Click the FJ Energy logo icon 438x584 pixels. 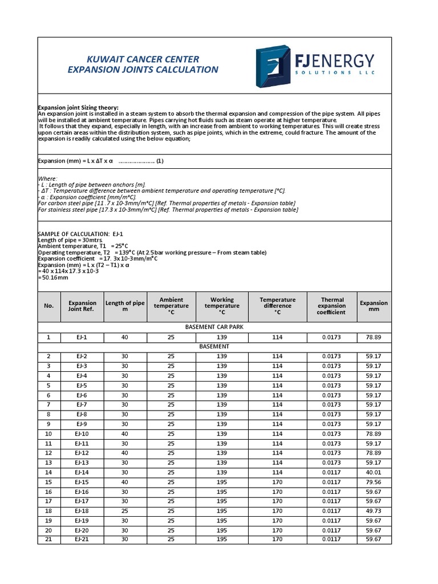(273, 66)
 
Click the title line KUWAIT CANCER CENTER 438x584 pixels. (142, 59)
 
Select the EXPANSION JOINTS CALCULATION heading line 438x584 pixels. (143, 70)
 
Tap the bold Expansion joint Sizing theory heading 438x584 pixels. (78, 108)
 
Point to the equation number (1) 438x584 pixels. (160, 161)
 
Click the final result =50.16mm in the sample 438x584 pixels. (53, 278)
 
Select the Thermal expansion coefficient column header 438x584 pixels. (332, 306)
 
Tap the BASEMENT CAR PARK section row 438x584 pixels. (214, 327)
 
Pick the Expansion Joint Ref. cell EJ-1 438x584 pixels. (82, 337)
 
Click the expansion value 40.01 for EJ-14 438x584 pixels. (373, 472)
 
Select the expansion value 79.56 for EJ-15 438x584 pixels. (373, 482)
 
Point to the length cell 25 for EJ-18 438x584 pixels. (125, 511)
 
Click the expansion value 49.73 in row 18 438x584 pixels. (373, 511)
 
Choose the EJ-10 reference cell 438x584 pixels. (82, 433)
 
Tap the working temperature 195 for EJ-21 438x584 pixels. (222, 540)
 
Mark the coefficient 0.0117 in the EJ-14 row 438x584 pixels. (332, 472)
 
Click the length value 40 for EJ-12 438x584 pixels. (125, 453)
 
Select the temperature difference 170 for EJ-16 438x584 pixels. (277, 492)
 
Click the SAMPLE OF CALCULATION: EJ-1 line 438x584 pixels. (80, 234)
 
